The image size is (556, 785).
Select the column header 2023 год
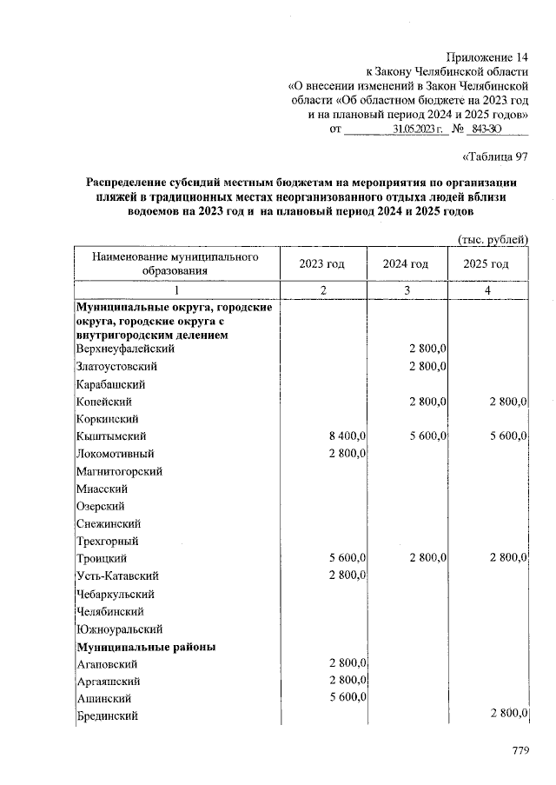322,264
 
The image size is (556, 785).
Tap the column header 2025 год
486,264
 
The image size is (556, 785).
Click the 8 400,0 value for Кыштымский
347,436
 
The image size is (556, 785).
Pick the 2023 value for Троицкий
347,557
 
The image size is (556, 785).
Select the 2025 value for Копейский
509,401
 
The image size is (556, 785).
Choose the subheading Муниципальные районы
146,647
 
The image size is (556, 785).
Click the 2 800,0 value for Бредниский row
509,714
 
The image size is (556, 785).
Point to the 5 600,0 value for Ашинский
347,697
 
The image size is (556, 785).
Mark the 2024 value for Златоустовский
427,366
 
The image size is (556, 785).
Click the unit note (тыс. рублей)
493,240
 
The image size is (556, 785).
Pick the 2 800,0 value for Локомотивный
347,453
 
